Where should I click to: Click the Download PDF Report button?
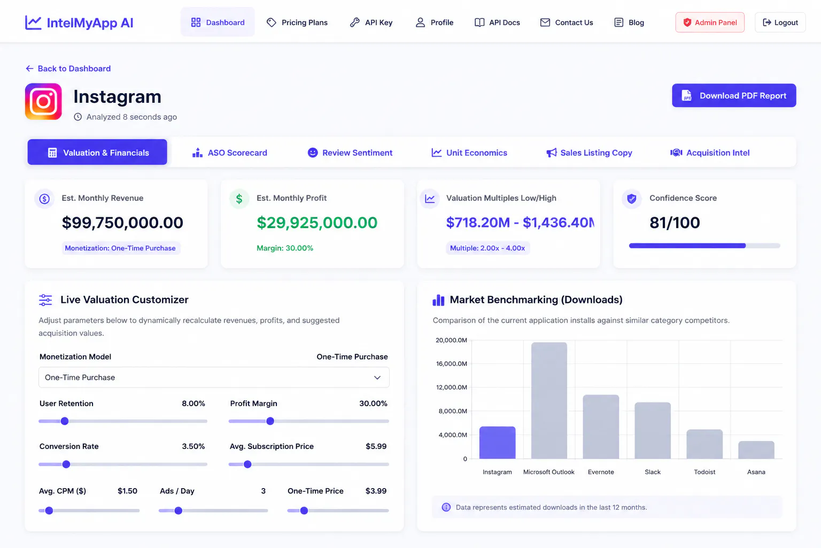coord(734,95)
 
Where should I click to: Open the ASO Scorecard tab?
coord(230,153)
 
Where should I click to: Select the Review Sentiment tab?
coord(350,153)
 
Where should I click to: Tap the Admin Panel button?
coord(710,22)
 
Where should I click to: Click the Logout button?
coord(780,22)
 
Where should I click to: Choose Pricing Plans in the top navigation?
coord(297,22)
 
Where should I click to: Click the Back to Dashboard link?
coord(68,68)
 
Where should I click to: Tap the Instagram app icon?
coord(43,101)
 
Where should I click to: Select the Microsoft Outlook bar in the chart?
coord(549,400)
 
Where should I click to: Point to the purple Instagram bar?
coord(497,443)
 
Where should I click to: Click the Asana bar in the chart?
coord(756,450)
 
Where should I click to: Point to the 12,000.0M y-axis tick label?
coord(451,387)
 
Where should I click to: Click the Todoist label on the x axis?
coord(704,472)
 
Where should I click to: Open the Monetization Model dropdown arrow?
coord(377,378)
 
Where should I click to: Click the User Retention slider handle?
coord(65,421)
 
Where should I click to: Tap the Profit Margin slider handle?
coord(270,421)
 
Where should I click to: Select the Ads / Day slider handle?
coord(178,511)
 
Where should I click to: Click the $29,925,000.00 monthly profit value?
coord(316,223)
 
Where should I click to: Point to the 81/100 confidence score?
coord(675,223)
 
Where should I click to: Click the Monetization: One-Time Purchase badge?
coord(120,248)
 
